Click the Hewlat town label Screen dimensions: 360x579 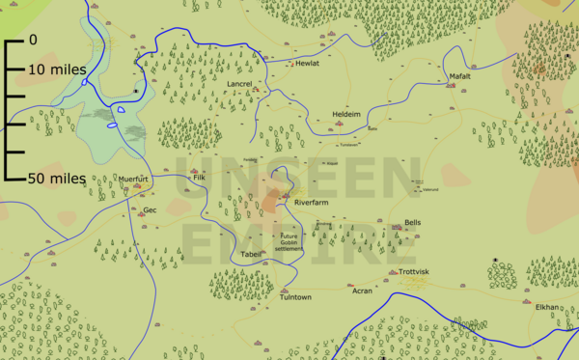click(x=307, y=63)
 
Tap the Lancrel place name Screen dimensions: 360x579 click(x=238, y=85)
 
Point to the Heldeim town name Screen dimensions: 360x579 click(x=346, y=114)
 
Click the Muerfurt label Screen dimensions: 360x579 click(x=133, y=180)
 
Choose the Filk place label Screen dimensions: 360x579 click(x=200, y=179)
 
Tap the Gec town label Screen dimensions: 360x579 click(x=150, y=209)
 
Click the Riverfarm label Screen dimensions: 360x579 click(x=313, y=205)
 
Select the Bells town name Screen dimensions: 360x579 click(x=413, y=222)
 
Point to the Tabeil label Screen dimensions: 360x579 click(x=251, y=254)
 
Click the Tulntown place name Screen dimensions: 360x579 click(x=295, y=297)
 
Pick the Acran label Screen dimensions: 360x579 click(x=362, y=291)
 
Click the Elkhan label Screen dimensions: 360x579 click(x=547, y=307)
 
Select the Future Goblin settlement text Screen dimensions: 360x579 click(x=289, y=242)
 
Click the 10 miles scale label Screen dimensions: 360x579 click(x=56, y=70)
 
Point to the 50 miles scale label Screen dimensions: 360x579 click(x=56, y=178)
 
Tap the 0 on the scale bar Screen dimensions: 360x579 click(x=33, y=41)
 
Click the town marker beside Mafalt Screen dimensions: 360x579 click(x=451, y=86)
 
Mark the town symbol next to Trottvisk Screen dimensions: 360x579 click(x=393, y=273)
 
